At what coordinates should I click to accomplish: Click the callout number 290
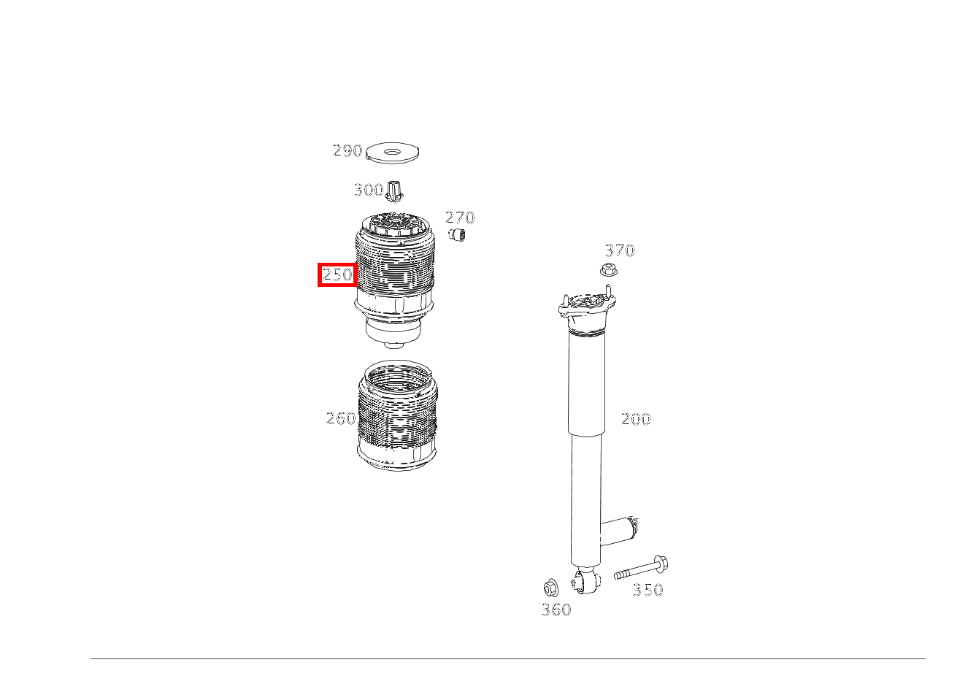pyautogui.click(x=347, y=150)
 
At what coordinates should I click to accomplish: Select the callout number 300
pyautogui.click(x=369, y=190)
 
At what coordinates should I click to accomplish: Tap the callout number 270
pyautogui.click(x=460, y=218)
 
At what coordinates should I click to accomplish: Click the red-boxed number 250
pyautogui.click(x=337, y=274)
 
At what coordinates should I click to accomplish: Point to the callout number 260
pyautogui.click(x=341, y=418)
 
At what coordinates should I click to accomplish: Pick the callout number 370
pyautogui.click(x=620, y=250)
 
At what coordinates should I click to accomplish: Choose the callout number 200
pyautogui.click(x=636, y=419)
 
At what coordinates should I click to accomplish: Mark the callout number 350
pyautogui.click(x=648, y=591)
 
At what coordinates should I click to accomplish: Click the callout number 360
pyautogui.click(x=556, y=610)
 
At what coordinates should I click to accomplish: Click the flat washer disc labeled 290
pyautogui.click(x=393, y=153)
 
